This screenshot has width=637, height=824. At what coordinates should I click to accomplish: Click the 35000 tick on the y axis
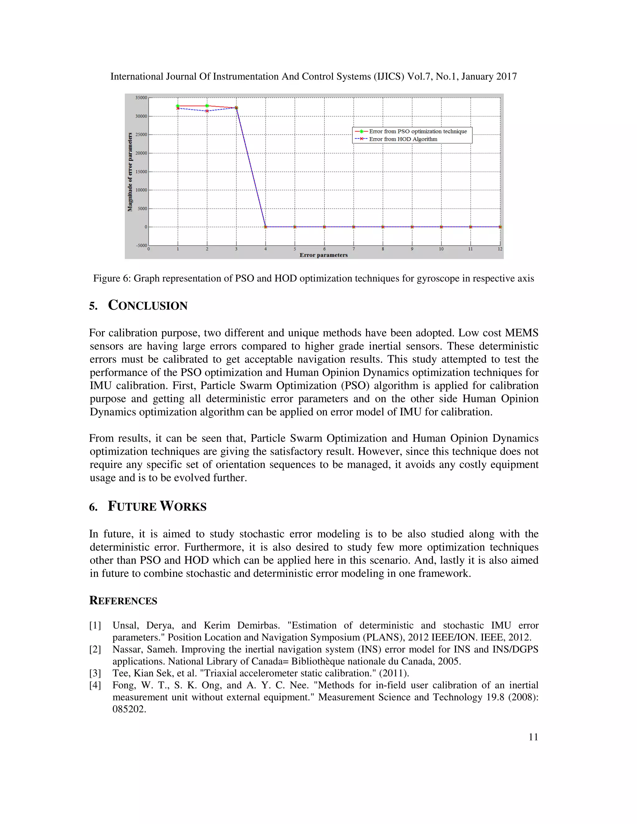coord(142,98)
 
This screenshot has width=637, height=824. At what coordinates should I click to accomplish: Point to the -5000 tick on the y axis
coord(142,245)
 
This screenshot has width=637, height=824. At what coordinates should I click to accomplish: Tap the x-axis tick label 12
coord(500,249)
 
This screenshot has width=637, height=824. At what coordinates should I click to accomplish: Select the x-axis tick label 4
coord(265,249)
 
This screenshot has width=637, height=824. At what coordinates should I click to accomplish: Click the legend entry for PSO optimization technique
coord(417,131)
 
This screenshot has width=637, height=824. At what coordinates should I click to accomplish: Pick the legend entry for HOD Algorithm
coord(403,139)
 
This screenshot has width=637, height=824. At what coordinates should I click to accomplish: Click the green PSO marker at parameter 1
coord(178,106)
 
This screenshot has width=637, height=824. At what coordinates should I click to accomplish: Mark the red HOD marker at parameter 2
coord(207,111)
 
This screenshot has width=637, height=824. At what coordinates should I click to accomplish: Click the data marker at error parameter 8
coord(383,227)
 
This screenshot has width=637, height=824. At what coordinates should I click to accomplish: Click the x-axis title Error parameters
coord(323,255)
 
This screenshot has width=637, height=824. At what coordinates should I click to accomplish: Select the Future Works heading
coord(157,506)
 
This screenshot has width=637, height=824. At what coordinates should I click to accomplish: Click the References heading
coord(123,601)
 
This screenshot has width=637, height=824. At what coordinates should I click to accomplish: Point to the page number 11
coord(533,737)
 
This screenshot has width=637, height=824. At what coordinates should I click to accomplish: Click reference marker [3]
coord(95,673)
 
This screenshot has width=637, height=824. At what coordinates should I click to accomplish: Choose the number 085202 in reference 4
coord(129,709)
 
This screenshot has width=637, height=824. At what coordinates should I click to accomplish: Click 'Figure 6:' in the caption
coord(112,278)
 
